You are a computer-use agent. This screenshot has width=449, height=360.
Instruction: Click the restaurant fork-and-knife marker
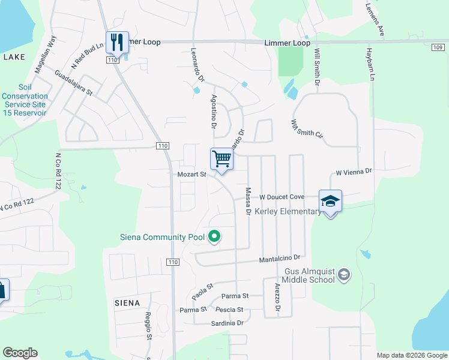pos(117,42)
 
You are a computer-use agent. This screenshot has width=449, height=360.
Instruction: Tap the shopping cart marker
pos(221,160)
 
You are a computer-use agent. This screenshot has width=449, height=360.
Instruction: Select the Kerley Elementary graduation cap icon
pos(330,201)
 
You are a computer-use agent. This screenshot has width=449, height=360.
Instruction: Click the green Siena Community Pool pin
pos(214,238)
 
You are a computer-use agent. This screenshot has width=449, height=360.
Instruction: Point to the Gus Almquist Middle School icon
pos(343,275)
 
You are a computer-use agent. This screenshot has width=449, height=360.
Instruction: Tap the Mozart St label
pos(191,175)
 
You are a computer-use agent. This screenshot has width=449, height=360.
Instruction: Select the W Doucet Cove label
pos(282,197)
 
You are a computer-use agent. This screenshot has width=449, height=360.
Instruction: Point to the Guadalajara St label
pos(73,83)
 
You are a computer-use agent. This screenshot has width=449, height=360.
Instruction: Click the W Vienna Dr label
pos(354,172)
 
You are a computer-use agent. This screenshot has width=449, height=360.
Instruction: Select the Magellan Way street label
pos(45,54)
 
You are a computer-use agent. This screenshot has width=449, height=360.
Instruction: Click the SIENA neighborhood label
pos(127,303)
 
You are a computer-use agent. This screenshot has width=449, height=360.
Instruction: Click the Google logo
pos(20,353)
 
